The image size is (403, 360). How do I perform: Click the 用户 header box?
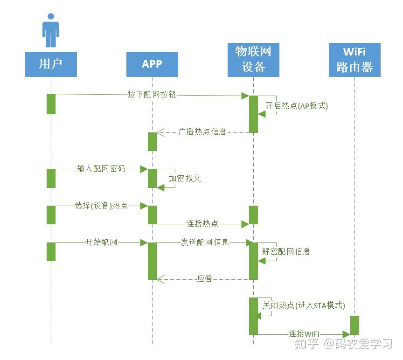tap(51, 64)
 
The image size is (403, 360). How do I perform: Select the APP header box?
tap(152, 64)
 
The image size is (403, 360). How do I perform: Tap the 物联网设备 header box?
tap(253, 60)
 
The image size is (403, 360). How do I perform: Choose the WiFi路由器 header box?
tap(354, 60)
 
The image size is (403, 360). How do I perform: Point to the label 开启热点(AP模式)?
tap(297, 106)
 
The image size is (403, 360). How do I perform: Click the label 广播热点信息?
tap(202, 132)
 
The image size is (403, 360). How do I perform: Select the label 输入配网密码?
tap(101, 169)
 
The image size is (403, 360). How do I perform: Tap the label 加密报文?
tap(185, 179)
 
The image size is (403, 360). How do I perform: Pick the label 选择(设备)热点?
tap(101, 205)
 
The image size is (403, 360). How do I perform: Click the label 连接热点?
tap(202, 224)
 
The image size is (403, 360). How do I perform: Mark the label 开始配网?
tap(101, 242)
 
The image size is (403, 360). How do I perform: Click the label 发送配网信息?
tap(205, 242)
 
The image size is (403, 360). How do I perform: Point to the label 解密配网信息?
tap(286, 252)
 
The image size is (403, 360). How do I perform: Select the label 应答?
tap(205, 279)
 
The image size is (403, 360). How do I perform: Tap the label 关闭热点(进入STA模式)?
tap(304, 306)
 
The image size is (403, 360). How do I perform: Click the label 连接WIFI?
tap(304, 334)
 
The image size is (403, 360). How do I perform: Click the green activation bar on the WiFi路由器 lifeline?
tap(354, 325)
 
